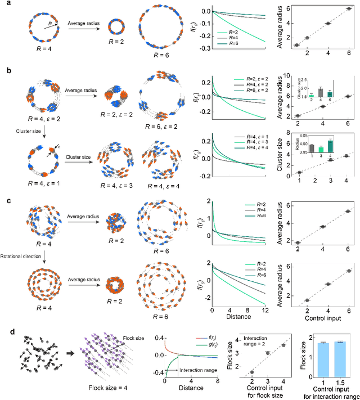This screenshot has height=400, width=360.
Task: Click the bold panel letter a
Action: pos(4,5)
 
